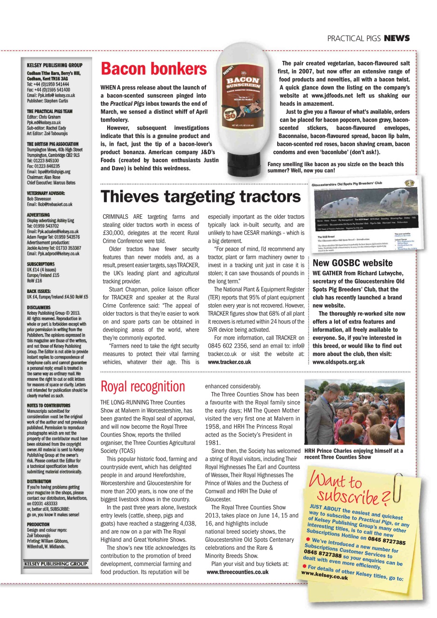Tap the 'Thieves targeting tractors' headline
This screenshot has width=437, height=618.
pyautogui.click(x=200, y=197)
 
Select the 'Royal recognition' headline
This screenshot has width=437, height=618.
pyautogui.click(x=142, y=386)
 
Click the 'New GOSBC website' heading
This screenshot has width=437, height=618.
pyautogui.click(x=352, y=263)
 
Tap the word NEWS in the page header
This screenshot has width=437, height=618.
pyautogui.click(x=397, y=38)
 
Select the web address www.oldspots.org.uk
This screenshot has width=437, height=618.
pyautogui.click(x=345, y=362)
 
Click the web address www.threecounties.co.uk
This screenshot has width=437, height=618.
pyautogui.click(x=237, y=572)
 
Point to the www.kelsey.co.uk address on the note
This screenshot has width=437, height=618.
pyautogui.click(x=324, y=576)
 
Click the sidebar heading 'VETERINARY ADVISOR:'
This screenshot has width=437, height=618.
pyautogui.click(x=48, y=193)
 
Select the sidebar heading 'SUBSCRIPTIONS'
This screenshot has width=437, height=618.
pyautogui.click(x=41, y=264)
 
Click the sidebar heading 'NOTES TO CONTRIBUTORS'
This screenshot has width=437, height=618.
pyautogui.click(x=49, y=406)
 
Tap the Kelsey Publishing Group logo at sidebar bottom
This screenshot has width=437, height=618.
pyautogui.click(x=56, y=563)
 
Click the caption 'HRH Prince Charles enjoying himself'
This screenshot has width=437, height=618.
pyautogui.click(x=354, y=453)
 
